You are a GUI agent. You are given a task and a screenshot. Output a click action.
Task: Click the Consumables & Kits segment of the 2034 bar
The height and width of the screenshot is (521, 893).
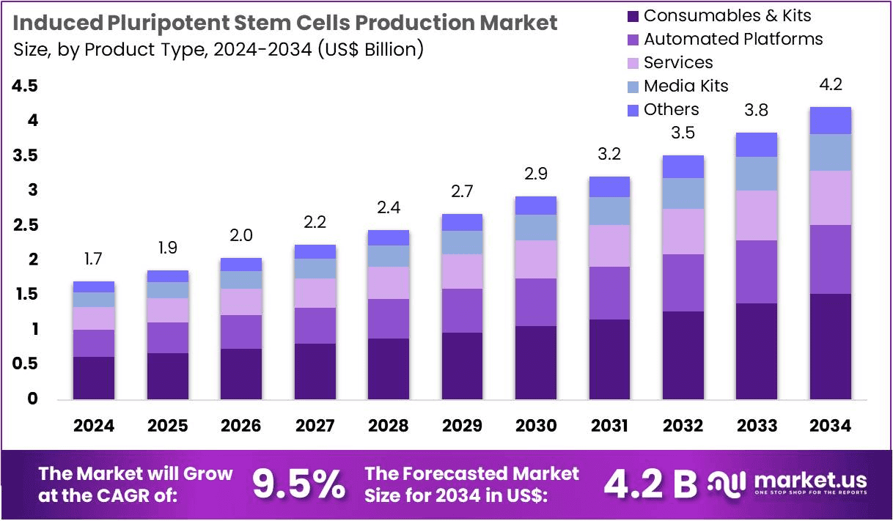point(830,346)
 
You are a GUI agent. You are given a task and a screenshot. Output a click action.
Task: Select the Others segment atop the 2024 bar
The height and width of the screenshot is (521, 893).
point(94,287)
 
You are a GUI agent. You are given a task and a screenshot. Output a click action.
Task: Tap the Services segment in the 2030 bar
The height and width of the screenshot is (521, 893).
point(535,259)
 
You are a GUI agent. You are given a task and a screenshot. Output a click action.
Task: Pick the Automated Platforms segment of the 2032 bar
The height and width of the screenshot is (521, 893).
point(683,283)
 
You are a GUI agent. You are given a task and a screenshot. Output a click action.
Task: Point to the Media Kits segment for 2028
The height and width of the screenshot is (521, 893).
point(388,256)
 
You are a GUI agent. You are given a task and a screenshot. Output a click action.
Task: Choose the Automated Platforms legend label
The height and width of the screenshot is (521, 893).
point(733,39)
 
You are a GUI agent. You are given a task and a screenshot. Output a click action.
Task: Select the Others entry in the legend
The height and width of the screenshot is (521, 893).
point(671,109)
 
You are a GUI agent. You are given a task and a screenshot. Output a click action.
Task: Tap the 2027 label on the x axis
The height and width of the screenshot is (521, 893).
point(315,426)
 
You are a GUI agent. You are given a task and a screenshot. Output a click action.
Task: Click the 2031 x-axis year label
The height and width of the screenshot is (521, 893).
point(609,426)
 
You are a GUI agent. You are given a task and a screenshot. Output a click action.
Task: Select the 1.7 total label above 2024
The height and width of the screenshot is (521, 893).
point(94,259)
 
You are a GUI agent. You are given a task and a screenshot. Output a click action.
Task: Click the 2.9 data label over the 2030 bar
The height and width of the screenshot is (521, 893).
point(535,174)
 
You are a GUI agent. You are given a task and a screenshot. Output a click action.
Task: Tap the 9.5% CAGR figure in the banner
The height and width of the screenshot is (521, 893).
point(298,484)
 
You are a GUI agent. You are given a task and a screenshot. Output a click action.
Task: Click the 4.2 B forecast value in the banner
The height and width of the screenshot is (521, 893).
point(650,484)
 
